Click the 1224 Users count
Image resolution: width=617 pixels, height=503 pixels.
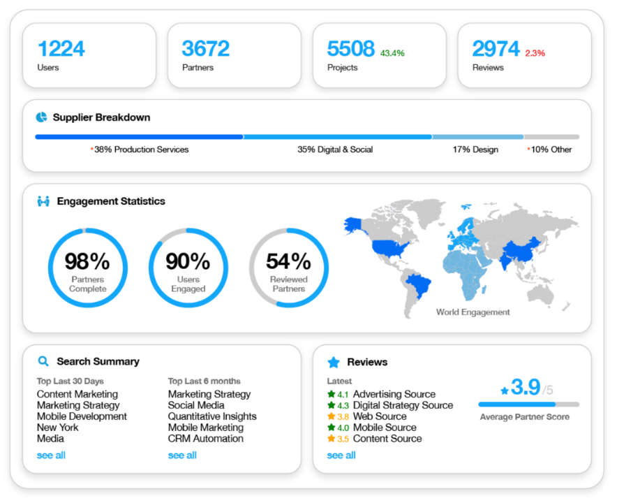tap(61, 49)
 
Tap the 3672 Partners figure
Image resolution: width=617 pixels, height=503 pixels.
tap(205, 49)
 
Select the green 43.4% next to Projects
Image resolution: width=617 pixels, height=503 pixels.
tap(392, 53)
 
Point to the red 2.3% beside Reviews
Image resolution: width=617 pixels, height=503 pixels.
tap(535, 53)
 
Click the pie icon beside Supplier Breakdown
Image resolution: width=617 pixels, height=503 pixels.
tap(42, 117)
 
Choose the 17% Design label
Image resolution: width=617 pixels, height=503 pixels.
tap(475, 150)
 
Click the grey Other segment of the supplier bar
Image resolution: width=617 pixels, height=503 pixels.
tap(551, 137)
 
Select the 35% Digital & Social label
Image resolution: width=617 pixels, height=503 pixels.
tap(335, 150)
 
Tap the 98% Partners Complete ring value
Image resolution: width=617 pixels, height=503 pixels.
tap(87, 261)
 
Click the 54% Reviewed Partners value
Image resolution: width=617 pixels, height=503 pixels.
tap(288, 261)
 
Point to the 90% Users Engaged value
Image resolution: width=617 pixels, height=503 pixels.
tap(188, 261)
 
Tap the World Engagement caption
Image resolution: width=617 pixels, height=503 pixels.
tap(473, 312)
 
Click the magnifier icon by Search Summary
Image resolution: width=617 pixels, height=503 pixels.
tap(43, 361)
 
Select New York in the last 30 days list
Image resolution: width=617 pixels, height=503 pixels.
tap(57, 428)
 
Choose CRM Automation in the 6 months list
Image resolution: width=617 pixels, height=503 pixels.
tap(205, 439)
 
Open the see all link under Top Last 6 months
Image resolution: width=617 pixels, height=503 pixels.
tap(182, 455)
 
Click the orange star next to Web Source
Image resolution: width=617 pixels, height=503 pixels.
tap(332, 416)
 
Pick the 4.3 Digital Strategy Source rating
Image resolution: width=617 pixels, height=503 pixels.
tap(343, 405)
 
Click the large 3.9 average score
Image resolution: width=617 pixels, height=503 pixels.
tap(525, 388)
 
